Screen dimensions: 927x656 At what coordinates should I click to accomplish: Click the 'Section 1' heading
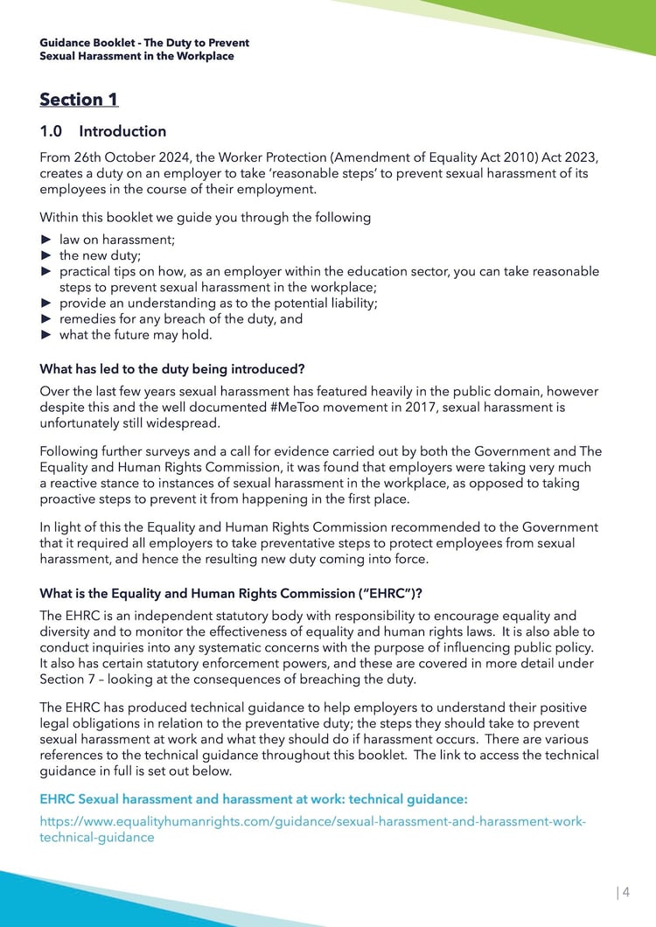point(79,100)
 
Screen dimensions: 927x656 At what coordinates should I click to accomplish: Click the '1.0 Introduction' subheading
point(103,132)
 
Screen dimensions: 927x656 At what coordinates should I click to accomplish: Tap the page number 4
point(625,892)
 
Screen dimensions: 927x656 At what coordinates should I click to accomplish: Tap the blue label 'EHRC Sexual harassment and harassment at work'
point(254,798)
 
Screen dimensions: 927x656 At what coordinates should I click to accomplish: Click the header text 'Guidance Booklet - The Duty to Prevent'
point(144,43)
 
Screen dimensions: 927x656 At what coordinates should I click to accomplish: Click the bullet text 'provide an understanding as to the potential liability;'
point(218,303)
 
